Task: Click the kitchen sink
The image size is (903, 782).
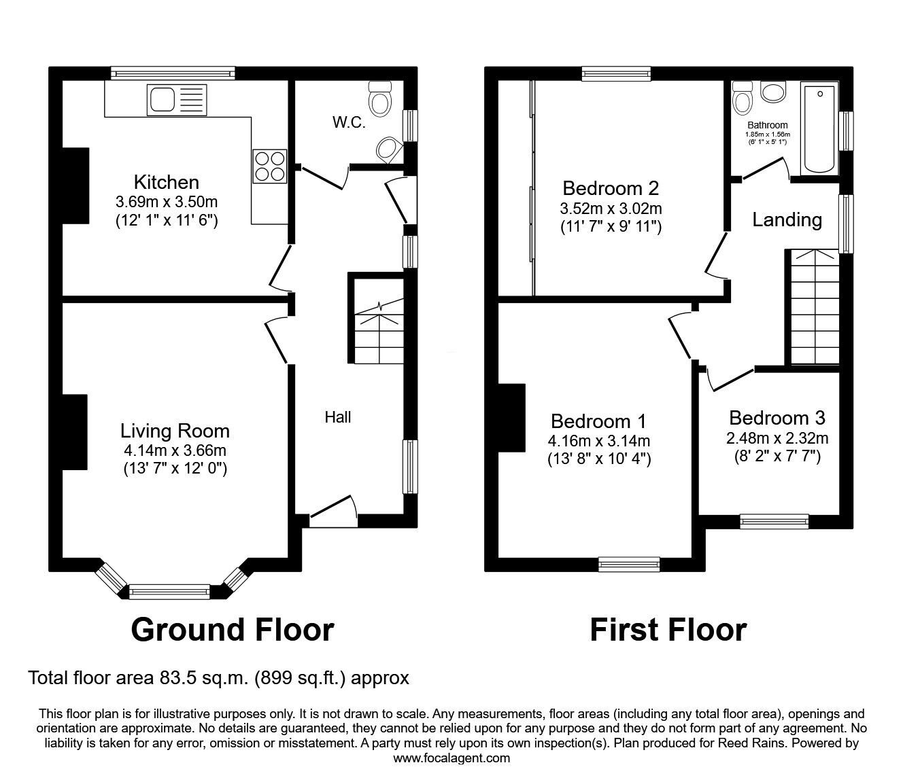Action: [177, 100]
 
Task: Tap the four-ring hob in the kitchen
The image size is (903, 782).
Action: [270, 166]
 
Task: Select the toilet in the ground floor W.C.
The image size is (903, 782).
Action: [380, 99]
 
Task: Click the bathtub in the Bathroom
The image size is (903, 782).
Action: [819, 129]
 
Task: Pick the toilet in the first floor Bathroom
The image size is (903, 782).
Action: [743, 97]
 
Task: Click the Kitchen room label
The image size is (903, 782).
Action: [167, 182]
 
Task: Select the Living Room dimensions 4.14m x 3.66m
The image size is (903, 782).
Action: [175, 450]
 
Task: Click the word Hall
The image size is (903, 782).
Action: [338, 417]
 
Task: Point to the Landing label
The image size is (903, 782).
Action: [787, 219]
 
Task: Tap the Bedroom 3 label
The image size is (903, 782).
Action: [777, 418]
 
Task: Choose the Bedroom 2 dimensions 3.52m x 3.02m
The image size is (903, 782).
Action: [611, 209]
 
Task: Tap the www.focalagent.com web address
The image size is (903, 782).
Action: [451, 758]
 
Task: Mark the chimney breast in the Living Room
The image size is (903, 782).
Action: [75, 432]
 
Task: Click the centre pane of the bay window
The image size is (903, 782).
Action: [169, 592]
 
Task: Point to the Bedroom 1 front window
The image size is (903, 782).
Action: [629, 564]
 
